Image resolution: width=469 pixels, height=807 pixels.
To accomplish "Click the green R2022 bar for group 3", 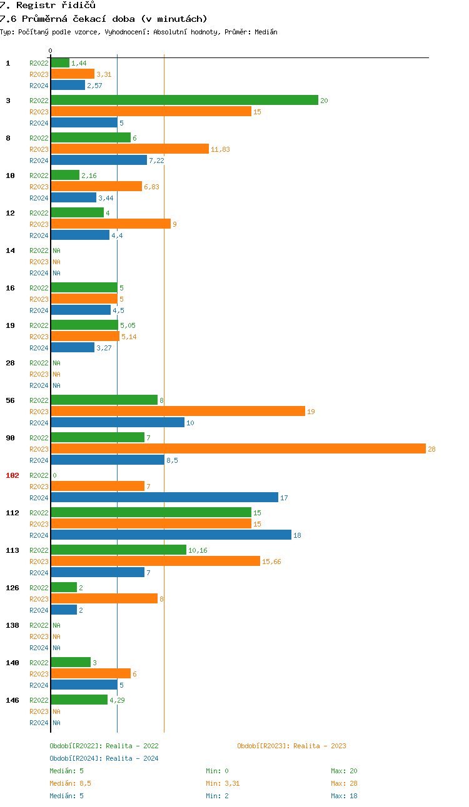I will (184, 100).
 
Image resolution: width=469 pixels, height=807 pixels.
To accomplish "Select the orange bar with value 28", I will (238, 448).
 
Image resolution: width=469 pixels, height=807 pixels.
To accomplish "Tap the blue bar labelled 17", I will (164, 497).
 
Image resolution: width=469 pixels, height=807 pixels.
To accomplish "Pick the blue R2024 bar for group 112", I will (171, 535).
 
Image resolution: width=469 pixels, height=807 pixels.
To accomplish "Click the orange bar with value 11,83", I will (129, 149).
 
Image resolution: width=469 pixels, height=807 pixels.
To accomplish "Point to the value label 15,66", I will (271, 562).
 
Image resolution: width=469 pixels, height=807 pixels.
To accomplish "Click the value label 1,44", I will (79, 63).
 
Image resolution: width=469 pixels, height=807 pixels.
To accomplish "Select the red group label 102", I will (13, 475).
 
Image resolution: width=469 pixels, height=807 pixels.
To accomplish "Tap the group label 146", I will (13, 700).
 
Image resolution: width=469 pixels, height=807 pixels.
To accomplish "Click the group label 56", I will (11, 400).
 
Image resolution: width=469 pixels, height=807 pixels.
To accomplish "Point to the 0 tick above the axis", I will (51, 51).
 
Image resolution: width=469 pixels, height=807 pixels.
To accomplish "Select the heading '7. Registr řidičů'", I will (48, 5).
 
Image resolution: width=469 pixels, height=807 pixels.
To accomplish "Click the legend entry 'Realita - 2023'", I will (291, 746).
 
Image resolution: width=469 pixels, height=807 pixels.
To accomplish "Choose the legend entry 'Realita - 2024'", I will (104, 758).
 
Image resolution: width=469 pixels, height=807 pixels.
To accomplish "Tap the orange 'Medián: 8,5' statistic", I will (71, 783).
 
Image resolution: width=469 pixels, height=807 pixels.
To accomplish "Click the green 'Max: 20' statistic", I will (344, 771).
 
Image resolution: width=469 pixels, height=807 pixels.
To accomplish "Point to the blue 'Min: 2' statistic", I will (217, 796).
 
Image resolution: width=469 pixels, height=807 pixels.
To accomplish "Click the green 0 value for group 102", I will (54, 475).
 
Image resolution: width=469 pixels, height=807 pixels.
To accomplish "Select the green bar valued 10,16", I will (118, 550).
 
